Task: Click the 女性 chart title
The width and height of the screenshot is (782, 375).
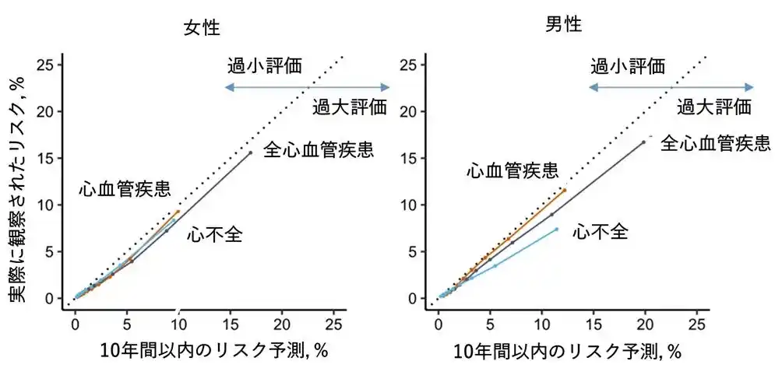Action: click(x=201, y=29)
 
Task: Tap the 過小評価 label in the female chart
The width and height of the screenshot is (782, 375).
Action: click(x=264, y=65)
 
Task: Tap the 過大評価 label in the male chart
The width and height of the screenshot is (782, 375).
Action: click(x=713, y=107)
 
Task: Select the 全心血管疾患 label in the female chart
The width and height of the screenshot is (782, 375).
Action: click(x=319, y=149)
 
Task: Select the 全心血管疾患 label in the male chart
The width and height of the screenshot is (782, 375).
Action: click(x=715, y=143)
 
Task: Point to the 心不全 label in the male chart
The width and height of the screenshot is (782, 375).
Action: click(x=600, y=231)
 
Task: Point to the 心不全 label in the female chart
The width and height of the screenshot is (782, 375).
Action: click(x=215, y=234)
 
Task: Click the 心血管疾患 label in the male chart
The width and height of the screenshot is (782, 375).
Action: click(x=512, y=170)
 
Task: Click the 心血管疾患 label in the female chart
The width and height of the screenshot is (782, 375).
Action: click(x=125, y=189)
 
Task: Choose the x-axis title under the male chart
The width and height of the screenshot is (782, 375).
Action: click(x=568, y=352)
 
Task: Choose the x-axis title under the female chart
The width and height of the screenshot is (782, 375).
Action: click(x=213, y=351)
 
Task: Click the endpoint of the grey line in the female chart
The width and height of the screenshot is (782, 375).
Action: click(x=250, y=152)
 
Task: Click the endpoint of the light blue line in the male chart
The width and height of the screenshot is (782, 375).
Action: click(x=556, y=229)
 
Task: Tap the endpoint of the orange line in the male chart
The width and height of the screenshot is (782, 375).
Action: click(x=565, y=190)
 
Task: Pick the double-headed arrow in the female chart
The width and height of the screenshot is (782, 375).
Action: click(x=307, y=87)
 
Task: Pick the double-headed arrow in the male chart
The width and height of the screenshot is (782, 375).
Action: click(x=671, y=87)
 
